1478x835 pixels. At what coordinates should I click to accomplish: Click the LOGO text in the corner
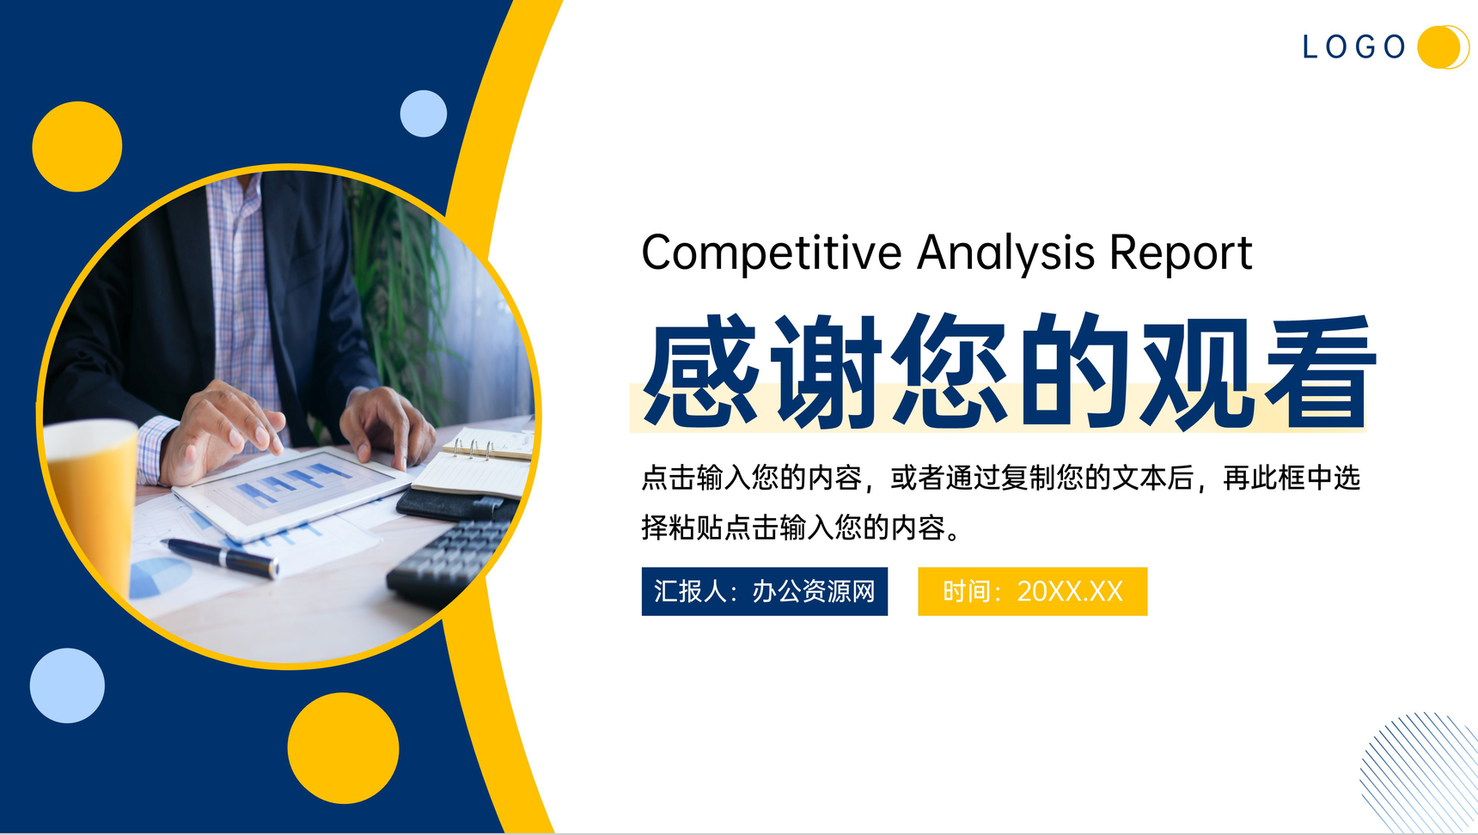pos(1353,46)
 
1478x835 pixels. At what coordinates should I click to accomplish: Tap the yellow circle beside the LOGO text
pos(1441,46)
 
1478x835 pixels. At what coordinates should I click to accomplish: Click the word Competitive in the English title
pos(772,254)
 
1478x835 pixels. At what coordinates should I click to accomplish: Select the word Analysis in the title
pos(1006,254)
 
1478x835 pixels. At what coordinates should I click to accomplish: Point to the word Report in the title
pos(1181,254)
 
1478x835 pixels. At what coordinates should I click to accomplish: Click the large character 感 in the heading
pos(701,371)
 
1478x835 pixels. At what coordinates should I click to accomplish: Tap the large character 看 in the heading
pos(1320,371)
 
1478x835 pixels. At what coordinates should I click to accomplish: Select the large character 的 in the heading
pos(1074,371)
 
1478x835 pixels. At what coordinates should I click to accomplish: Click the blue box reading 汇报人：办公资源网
pos(765,591)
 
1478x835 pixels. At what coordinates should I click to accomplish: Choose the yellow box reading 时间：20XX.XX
pos(1033,591)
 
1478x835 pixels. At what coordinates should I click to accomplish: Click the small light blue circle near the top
pos(424,113)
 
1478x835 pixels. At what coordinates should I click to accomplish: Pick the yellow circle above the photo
pos(77,146)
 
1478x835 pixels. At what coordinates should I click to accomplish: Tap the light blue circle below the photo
pos(67,686)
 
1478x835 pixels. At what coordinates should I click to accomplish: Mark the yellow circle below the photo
pos(343,748)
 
